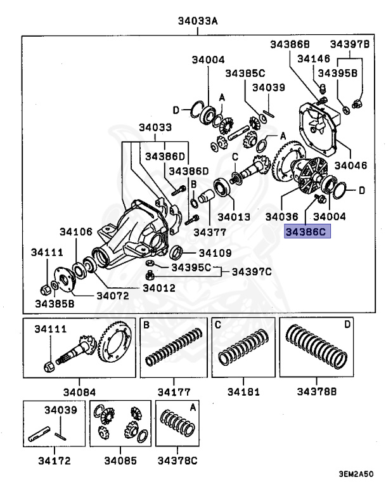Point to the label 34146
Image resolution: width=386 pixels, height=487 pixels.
click(x=314, y=59)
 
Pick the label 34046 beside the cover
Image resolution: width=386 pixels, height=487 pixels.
click(x=351, y=166)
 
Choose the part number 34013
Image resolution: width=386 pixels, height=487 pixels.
click(x=235, y=217)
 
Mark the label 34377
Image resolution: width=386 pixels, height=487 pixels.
click(x=210, y=233)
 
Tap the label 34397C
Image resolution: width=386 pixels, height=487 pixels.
click(x=251, y=272)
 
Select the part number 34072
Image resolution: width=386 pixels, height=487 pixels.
click(x=113, y=295)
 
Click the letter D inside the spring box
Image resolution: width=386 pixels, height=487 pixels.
click(x=347, y=325)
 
